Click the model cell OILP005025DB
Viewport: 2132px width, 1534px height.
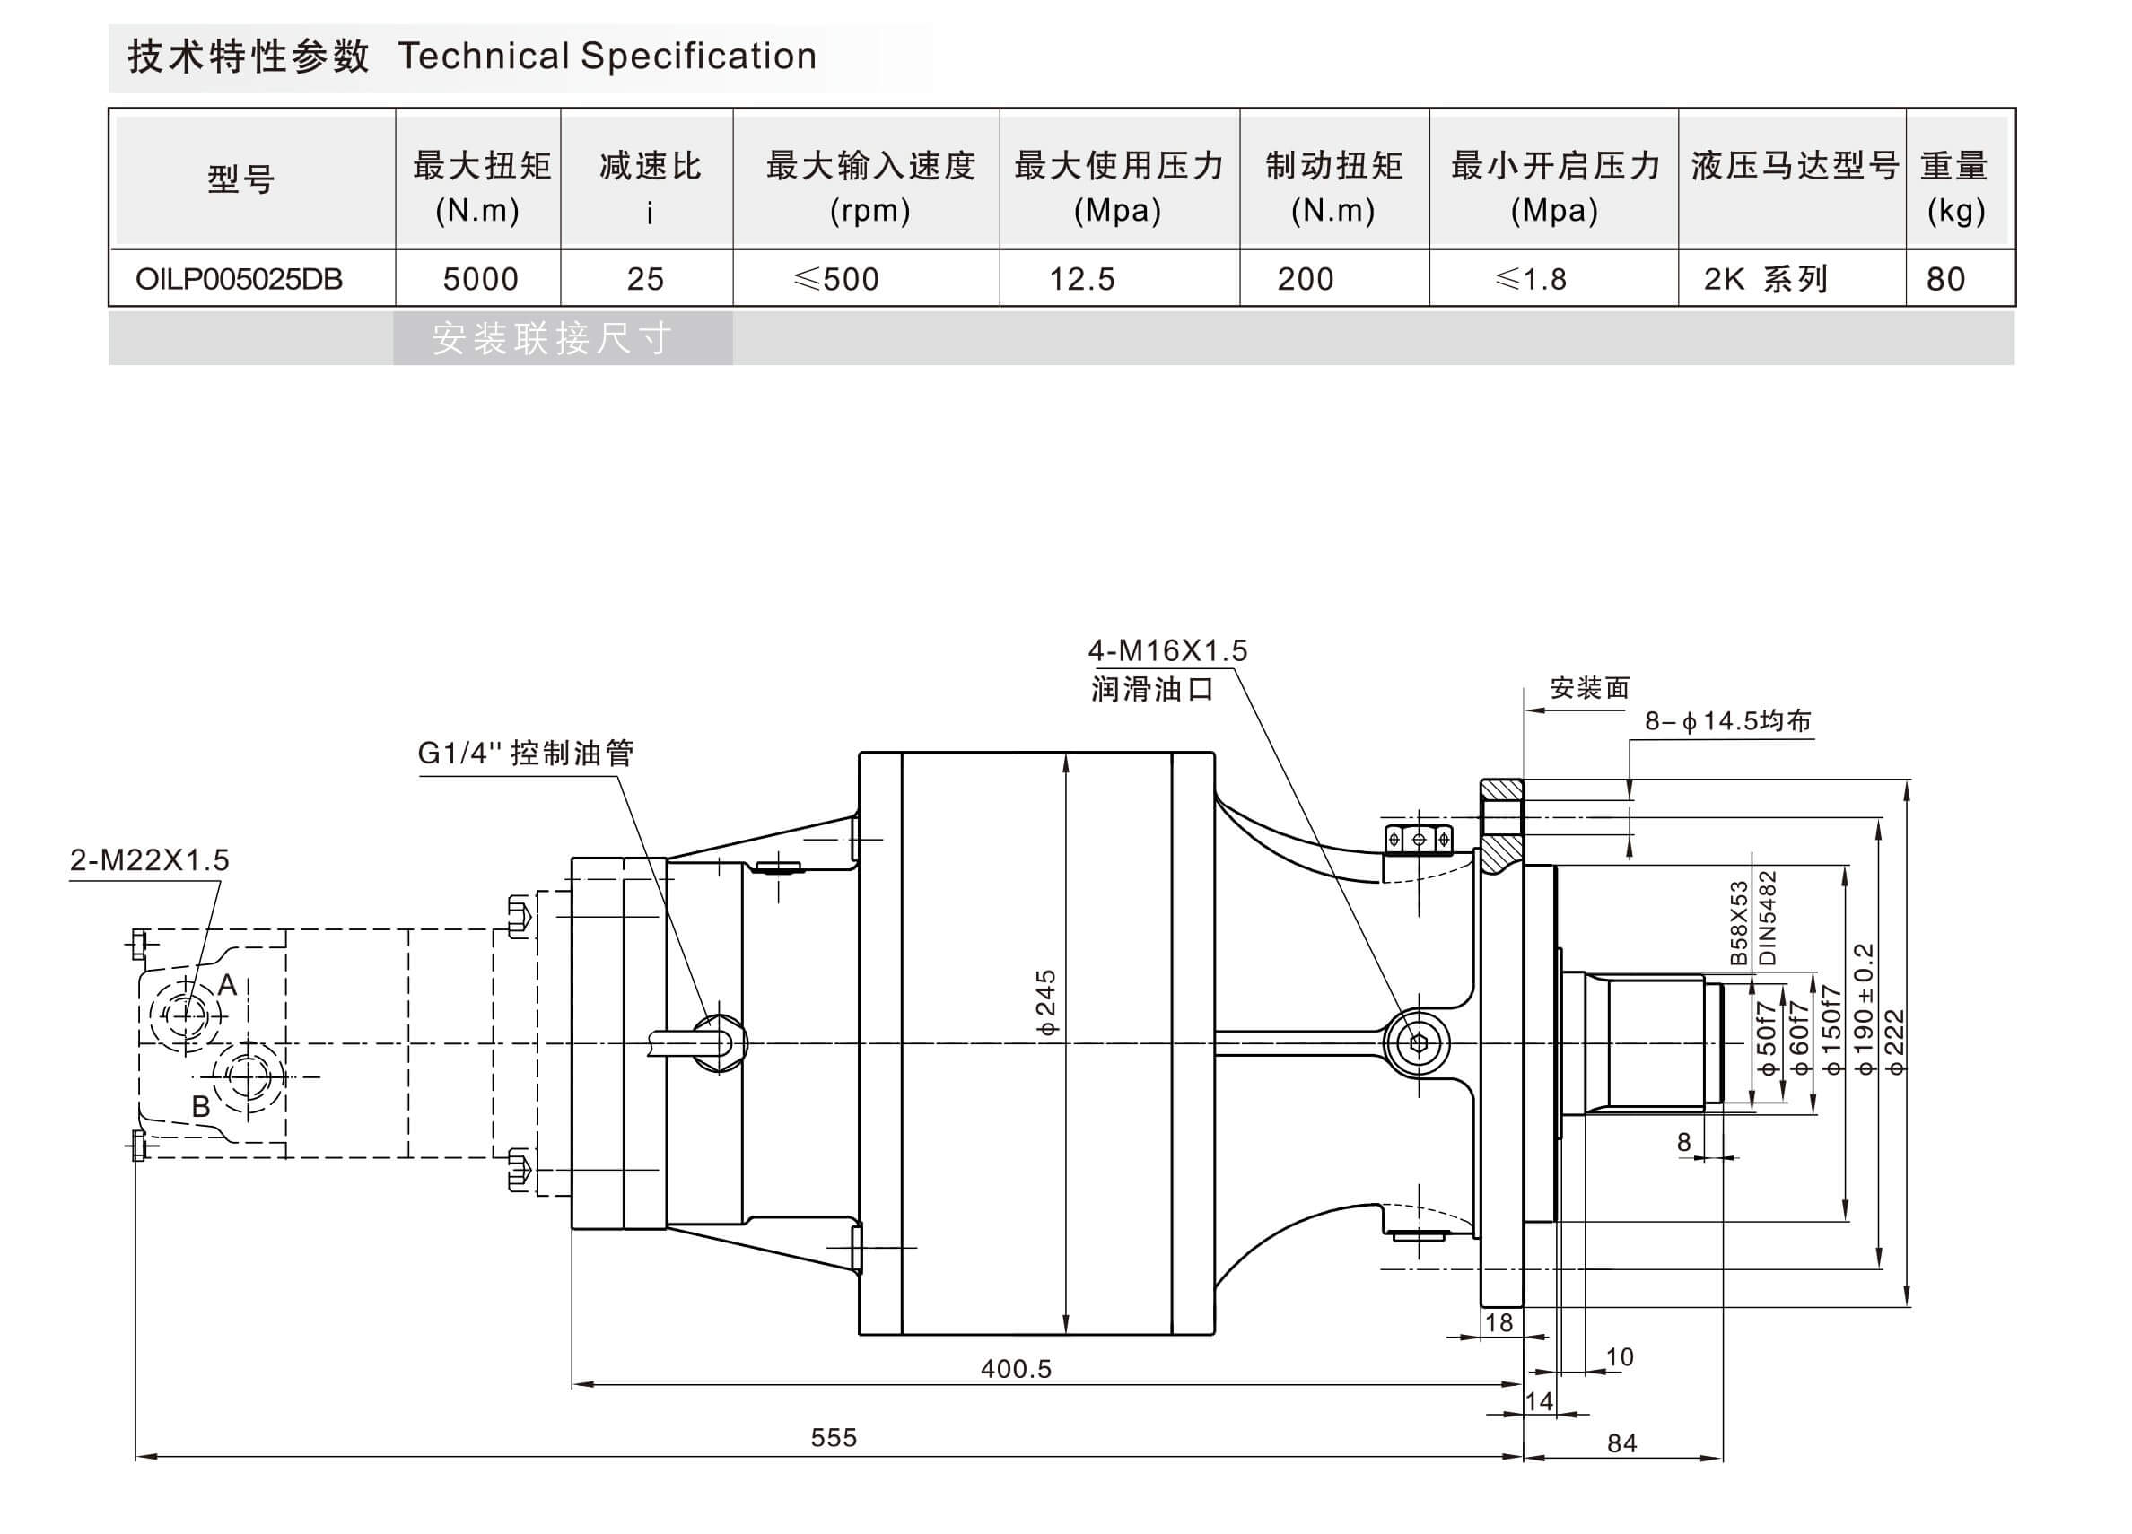(x=239, y=279)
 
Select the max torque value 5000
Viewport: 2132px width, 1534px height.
(x=479, y=279)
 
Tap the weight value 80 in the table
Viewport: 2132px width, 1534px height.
(x=1945, y=279)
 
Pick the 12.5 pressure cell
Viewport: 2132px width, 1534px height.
(x=1081, y=279)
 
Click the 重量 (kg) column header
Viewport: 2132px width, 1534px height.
(x=1954, y=186)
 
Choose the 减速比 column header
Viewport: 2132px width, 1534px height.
(x=649, y=186)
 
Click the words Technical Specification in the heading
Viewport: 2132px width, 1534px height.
(x=607, y=57)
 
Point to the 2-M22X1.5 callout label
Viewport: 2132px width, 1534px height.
(x=150, y=860)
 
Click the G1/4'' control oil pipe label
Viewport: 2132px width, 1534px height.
(x=526, y=753)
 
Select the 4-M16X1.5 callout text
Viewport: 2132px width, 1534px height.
(x=1167, y=650)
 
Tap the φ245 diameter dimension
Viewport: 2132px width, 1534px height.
(x=1045, y=1002)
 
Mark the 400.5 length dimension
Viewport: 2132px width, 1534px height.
(x=1015, y=1369)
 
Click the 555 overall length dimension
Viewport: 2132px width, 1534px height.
(x=833, y=1437)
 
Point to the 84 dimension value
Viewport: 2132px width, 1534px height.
(x=1621, y=1442)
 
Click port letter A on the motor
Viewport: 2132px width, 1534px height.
(x=226, y=985)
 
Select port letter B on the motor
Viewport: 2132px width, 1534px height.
(x=200, y=1106)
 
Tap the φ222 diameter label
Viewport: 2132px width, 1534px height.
(x=1894, y=1042)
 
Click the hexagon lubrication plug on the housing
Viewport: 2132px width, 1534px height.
(x=1417, y=1042)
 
